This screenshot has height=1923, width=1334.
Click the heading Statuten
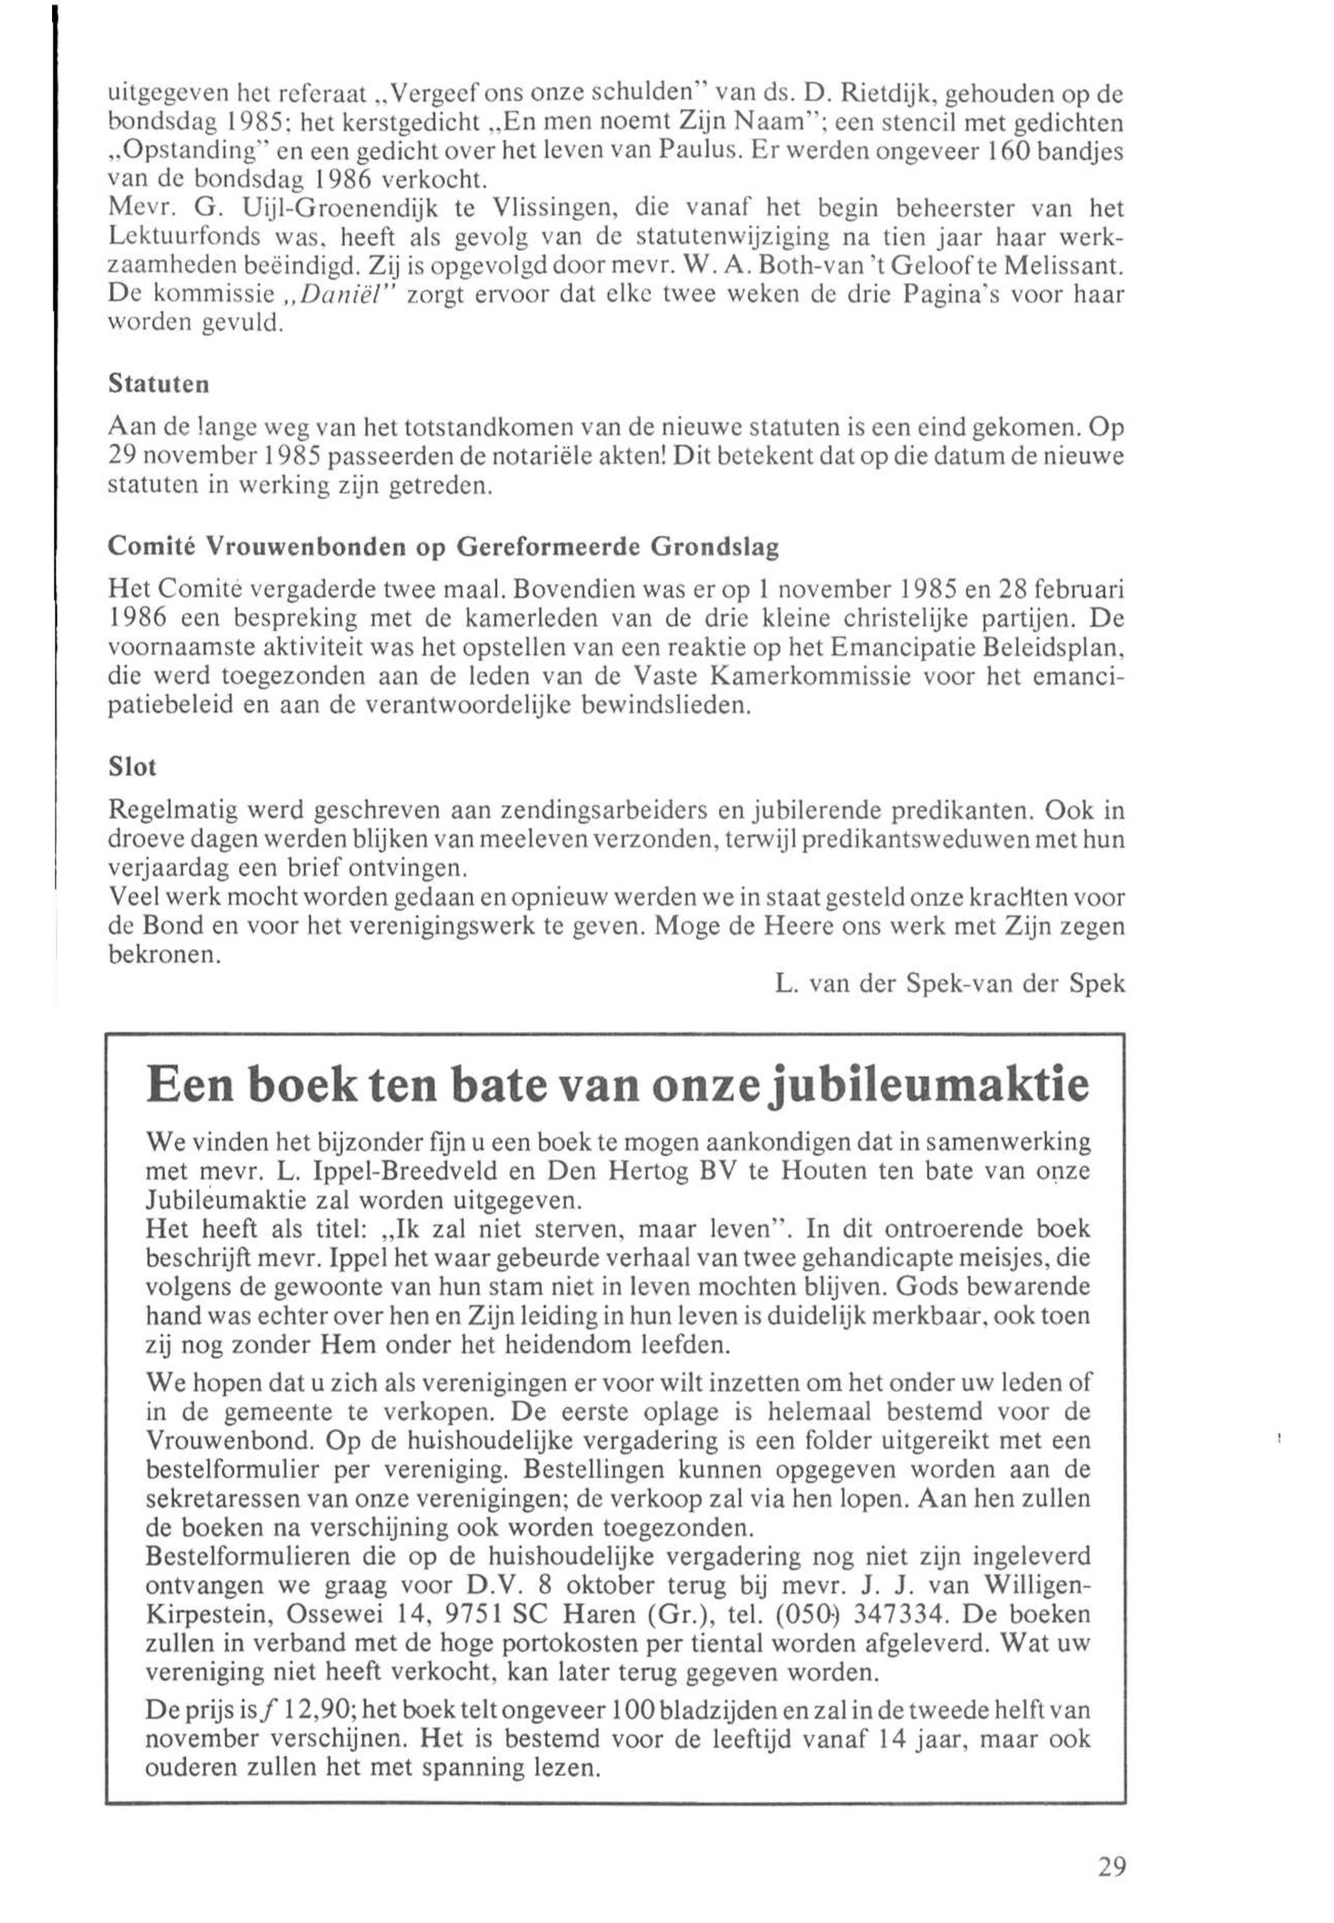[x=159, y=385]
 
